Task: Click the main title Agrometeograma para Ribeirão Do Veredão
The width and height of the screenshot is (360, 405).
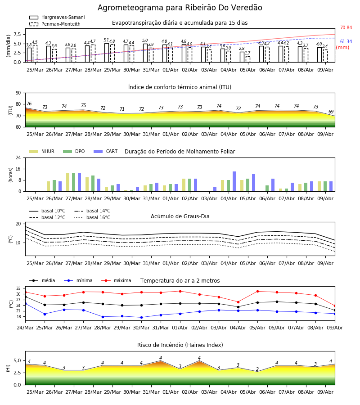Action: coord(180,8)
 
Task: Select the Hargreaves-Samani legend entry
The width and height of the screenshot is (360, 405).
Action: coord(57,17)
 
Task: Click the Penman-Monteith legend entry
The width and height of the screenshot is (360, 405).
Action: coord(55,24)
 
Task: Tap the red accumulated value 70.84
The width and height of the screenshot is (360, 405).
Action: coord(346,27)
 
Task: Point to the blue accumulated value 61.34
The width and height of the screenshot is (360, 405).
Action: coord(346,41)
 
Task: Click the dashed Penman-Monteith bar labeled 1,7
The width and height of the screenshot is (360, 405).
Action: coord(248,59)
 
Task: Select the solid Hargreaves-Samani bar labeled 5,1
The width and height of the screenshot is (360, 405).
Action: coord(107,53)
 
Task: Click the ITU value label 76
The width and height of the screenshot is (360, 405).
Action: coord(29,103)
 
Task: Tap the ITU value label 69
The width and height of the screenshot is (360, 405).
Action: coord(331,112)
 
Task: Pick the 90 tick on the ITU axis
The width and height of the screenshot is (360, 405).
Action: coord(18,93)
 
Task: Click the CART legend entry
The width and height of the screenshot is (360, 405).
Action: coord(106,151)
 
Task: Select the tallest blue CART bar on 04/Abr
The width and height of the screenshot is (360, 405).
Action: coord(234,181)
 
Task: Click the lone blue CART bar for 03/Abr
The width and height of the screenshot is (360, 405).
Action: coord(215,189)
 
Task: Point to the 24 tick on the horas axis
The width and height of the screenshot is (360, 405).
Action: coord(18,157)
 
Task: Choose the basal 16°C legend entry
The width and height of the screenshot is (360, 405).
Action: coord(92,217)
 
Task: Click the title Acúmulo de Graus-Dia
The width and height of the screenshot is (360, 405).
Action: coord(180,216)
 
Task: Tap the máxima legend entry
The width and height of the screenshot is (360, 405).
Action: coord(116,280)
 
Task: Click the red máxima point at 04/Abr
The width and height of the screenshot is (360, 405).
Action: coord(238,302)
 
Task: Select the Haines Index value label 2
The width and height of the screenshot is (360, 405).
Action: coord(257,369)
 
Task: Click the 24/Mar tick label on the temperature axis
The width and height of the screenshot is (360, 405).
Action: coord(25,328)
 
